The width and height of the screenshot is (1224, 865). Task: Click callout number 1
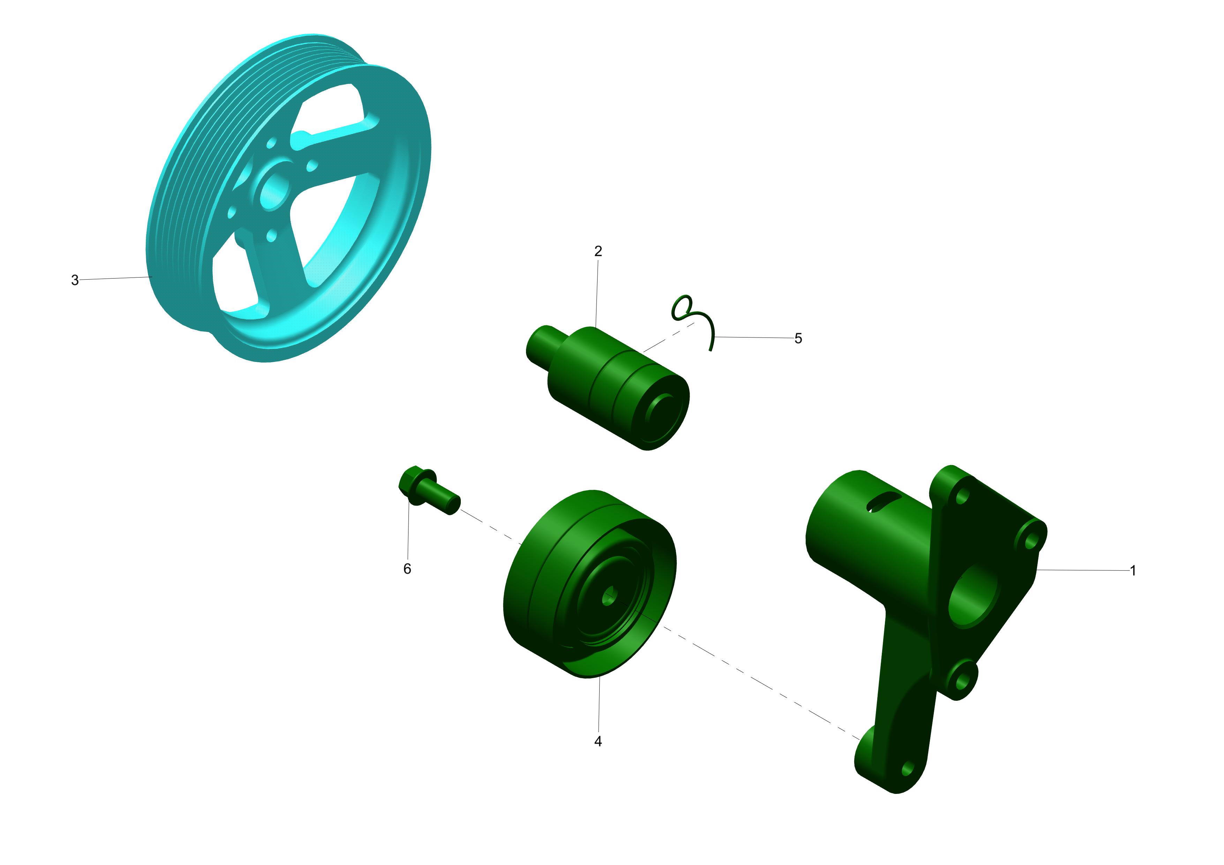(1133, 571)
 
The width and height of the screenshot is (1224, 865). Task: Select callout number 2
(598, 251)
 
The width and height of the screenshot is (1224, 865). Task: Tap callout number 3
(75, 280)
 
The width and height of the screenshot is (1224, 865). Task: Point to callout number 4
(598, 741)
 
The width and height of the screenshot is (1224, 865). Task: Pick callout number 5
(798, 339)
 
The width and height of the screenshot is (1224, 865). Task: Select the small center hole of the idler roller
(609, 597)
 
